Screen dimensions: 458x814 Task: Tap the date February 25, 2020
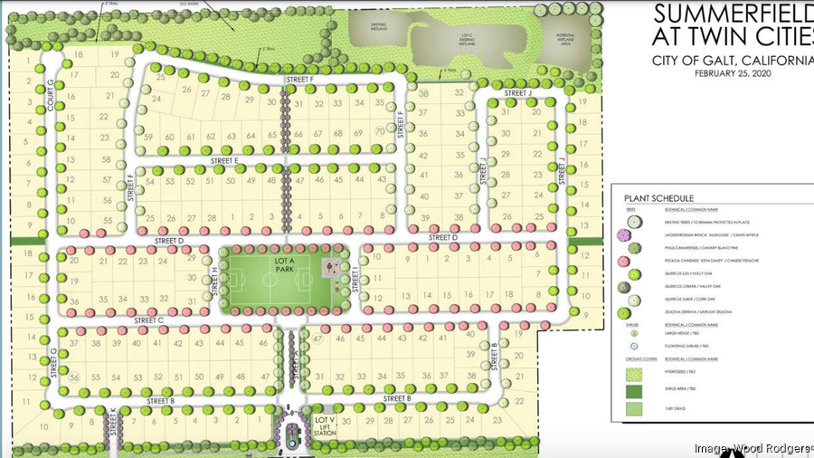point(734,74)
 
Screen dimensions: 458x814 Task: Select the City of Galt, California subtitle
point(734,60)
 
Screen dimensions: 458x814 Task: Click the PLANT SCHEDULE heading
point(658,197)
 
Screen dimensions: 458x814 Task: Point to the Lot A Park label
point(287,263)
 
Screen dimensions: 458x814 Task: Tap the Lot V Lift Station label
point(325,426)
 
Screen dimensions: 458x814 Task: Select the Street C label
point(148,320)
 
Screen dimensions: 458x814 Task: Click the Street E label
point(224,160)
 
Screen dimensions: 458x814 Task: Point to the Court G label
point(51,91)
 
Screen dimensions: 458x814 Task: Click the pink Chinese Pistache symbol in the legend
point(631,257)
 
